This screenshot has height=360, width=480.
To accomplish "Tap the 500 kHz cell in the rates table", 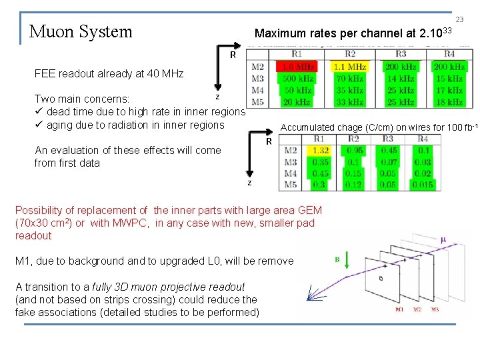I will point(297,79).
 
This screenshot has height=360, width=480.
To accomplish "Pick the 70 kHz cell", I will point(349,79).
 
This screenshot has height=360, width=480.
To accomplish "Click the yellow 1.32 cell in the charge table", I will point(321,151).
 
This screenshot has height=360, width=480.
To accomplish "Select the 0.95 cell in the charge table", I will point(355,151).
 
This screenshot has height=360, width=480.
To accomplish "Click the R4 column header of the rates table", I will point(449,54).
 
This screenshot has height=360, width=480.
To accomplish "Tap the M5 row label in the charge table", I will point(291,185).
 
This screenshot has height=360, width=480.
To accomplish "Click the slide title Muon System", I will point(81,31).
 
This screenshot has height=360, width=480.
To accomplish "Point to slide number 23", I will point(459,21).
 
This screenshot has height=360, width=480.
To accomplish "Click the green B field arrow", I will point(337,269).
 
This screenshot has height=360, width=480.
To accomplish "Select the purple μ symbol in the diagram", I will point(443,239).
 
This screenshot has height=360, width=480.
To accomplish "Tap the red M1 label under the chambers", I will point(399,309).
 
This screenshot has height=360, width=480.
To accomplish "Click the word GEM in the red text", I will point(309,210).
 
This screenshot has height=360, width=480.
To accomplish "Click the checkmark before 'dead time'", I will point(39,112).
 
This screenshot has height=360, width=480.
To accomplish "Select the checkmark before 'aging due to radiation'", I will point(39,125).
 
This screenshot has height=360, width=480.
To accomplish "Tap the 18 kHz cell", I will point(449,102).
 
